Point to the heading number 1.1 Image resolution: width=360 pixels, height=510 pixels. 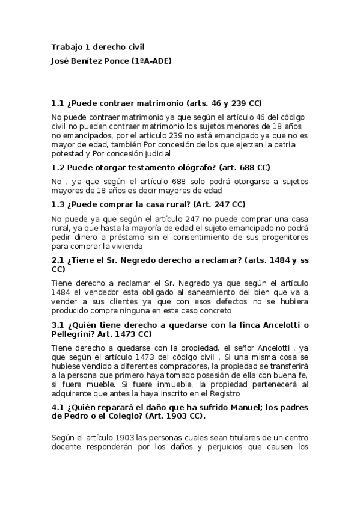[58, 103]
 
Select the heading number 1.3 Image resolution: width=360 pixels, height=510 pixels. [58, 204]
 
